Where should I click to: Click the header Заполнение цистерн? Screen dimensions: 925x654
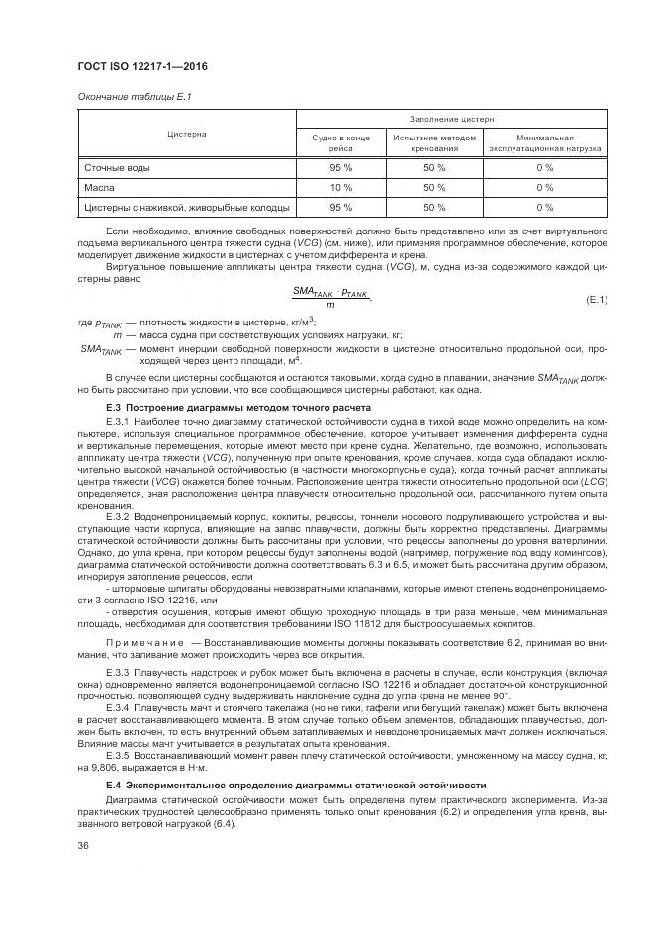click(x=451, y=119)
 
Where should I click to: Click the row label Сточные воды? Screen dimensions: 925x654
click(x=117, y=168)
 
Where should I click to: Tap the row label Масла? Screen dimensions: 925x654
click(x=99, y=187)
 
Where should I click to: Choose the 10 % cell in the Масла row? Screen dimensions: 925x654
click(x=340, y=187)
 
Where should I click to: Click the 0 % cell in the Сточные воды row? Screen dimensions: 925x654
click(x=544, y=168)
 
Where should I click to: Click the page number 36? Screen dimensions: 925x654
click(x=83, y=844)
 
